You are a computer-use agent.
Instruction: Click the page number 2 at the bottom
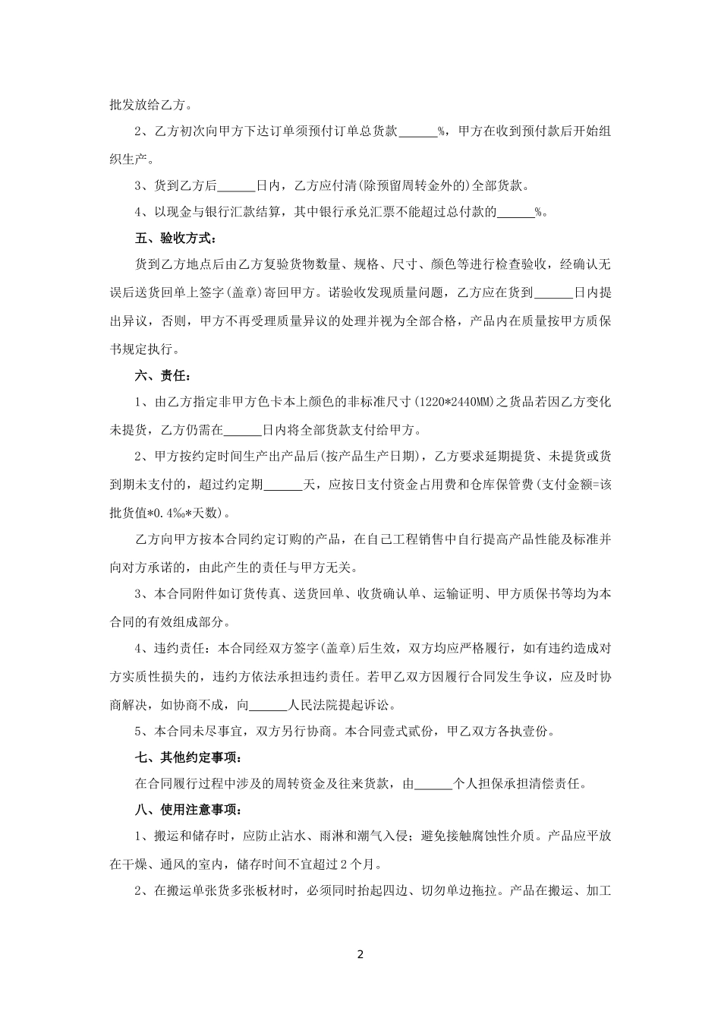[x=360, y=954]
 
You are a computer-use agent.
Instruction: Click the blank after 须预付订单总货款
[x=417, y=132]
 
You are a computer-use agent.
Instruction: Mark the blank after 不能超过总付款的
[x=515, y=213]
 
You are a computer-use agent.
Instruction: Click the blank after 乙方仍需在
[x=242, y=429]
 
